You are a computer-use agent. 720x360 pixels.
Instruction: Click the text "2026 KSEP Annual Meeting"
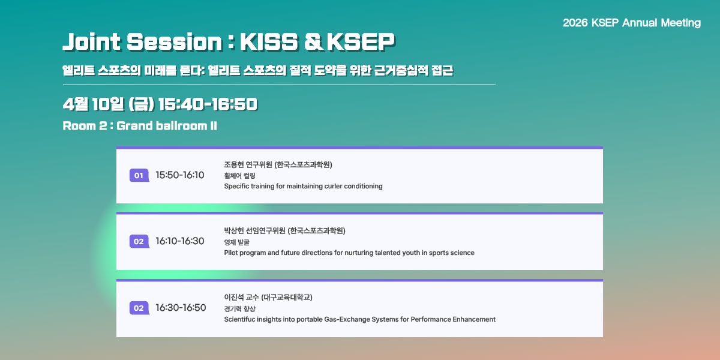pos(632,23)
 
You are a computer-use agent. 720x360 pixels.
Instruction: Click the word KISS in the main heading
pos(269,42)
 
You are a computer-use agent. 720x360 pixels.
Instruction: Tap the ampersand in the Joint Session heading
pos(313,42)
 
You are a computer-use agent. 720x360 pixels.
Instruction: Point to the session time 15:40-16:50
pos(208,104)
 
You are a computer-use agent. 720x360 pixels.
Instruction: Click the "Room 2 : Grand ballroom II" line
pos(140,125)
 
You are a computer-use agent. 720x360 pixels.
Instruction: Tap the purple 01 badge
pos(139,175)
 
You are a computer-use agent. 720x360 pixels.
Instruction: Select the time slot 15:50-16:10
pos(179,175)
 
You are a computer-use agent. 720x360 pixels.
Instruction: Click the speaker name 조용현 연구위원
pos(248,164)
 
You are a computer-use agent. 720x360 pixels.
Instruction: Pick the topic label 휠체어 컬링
pos(240,176)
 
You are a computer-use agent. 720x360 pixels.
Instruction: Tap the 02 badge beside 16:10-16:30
pos(139,241)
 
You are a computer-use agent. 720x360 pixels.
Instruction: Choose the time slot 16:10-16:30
pos(179,241)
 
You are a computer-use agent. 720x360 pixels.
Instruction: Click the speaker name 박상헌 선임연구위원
pos(254,231)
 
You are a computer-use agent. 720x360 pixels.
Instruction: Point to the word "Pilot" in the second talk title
pos(231,253)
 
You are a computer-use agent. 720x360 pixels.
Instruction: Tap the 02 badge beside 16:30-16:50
pos(139,308)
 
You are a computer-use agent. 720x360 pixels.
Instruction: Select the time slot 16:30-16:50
pos(181,308)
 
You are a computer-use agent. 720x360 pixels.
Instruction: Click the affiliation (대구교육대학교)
pos(287,298)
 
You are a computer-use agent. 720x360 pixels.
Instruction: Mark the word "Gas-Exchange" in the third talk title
pos(347,319)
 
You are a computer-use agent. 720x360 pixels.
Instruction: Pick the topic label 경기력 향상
pos(240,309)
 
